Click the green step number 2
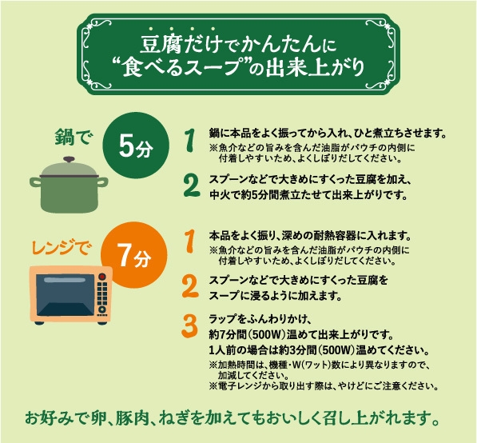tap(190, 185)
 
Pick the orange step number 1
tap(189, 240)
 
